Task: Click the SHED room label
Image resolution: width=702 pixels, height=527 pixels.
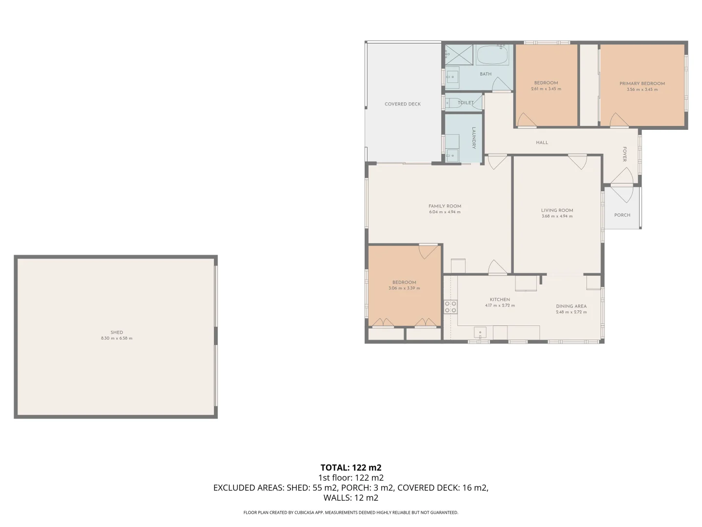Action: point(117,332)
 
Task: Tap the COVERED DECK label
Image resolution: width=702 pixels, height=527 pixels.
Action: point(402,104)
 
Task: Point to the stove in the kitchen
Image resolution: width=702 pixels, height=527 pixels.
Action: point(450,306)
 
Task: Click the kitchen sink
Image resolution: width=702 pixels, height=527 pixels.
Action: point(480,333)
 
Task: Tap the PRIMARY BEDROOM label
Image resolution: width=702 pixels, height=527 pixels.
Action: point(642,83)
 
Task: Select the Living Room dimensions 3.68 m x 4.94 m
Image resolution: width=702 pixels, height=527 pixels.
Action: point(557,216)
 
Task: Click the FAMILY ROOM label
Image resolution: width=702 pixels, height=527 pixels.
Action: point(445,206)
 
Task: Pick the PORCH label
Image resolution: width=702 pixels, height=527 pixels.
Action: point(622,215)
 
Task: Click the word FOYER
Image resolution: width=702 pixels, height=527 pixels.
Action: point(624,154)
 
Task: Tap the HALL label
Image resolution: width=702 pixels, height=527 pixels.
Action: point(542,142)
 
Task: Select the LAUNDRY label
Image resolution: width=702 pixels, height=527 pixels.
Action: point(473,138)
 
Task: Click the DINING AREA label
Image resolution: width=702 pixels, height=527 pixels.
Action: point(571,306)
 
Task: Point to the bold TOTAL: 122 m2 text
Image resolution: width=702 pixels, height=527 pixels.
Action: point(351,467)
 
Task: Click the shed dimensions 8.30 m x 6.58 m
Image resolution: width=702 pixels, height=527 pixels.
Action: point(117,338)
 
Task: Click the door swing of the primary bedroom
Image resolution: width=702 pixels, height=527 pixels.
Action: point(618,120)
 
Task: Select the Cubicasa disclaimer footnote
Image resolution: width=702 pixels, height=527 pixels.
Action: point(351,512)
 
